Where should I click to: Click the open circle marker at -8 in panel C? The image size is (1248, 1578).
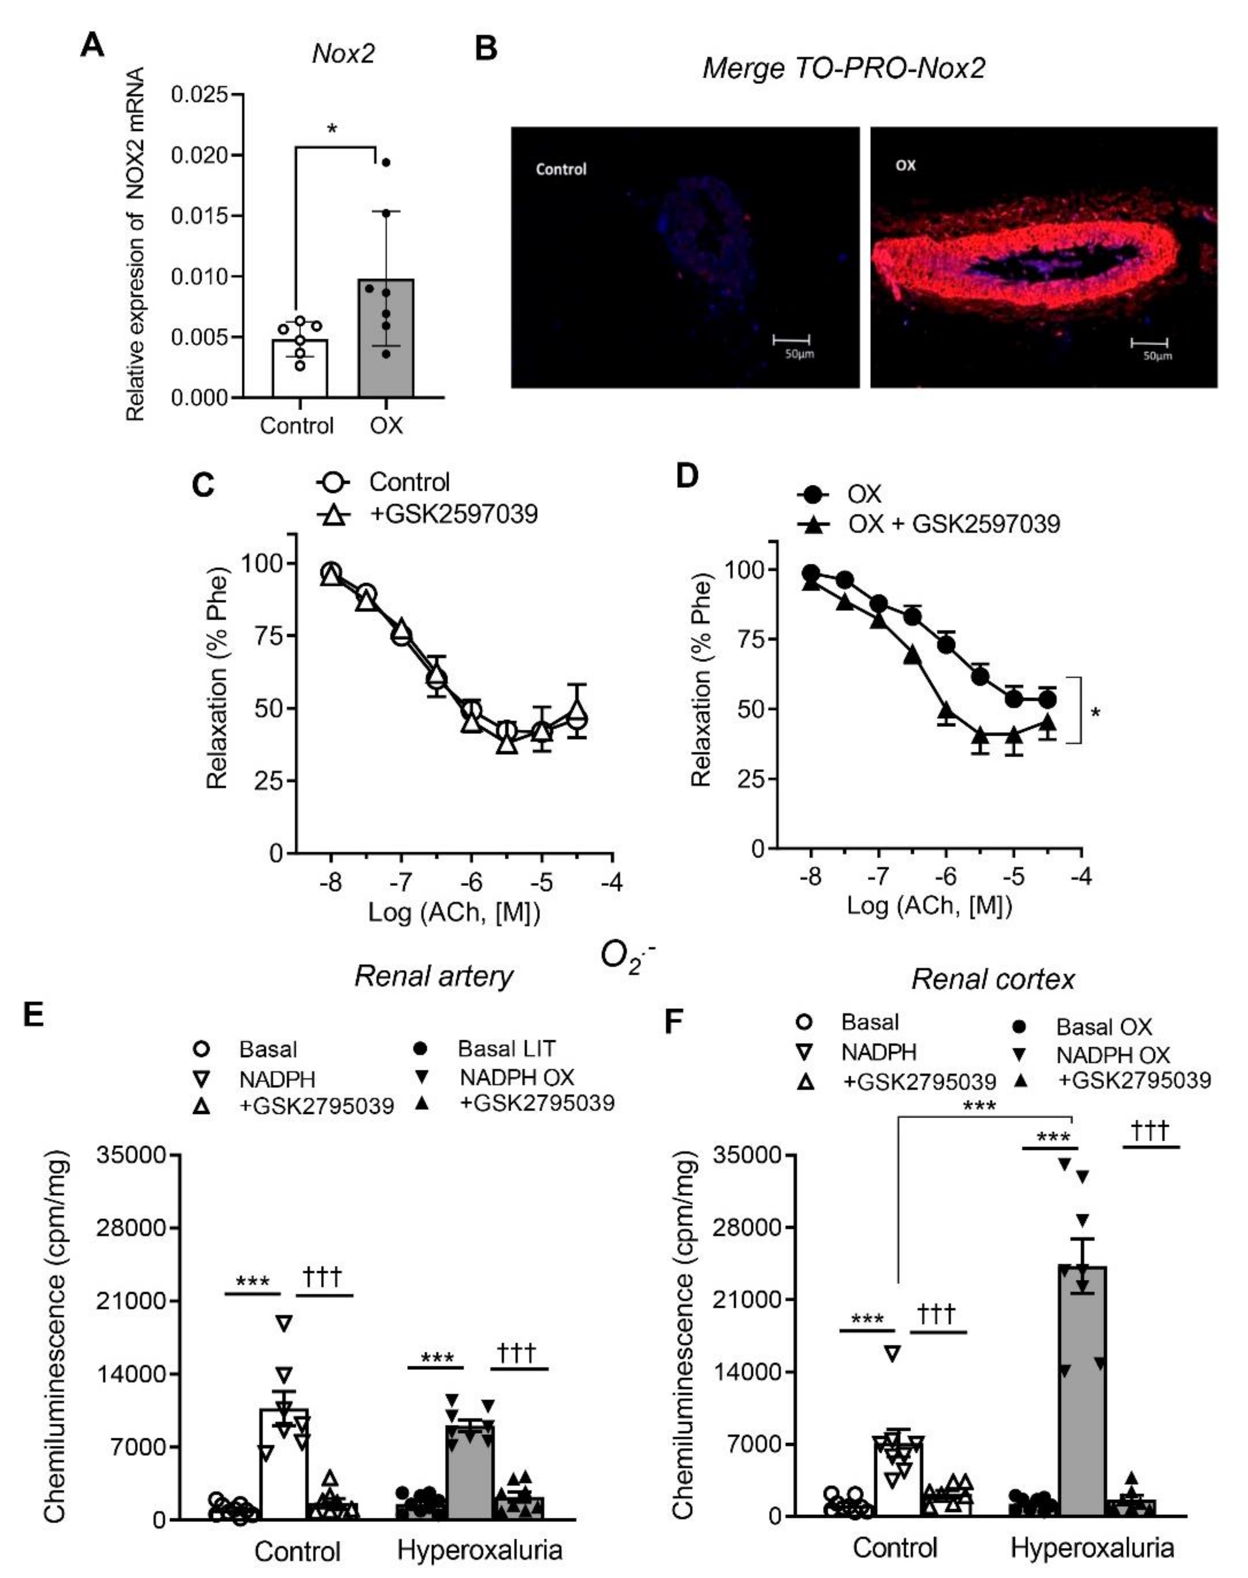[x=331, y=572]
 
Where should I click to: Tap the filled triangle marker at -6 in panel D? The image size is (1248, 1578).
[x=946, y=710]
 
